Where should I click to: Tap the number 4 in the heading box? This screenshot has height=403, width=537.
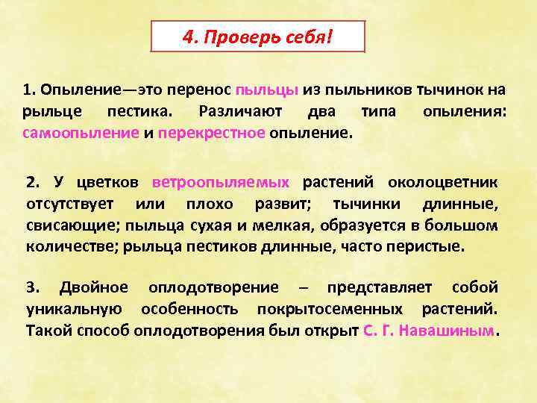(187, 37)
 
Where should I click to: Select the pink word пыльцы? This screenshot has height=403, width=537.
(267, 90)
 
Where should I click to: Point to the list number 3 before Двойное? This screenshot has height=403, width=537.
(31, 287)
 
